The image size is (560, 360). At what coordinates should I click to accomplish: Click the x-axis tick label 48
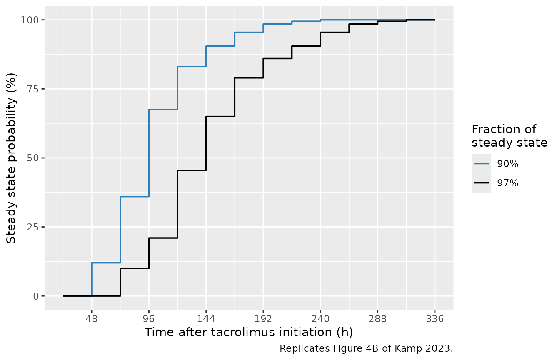click(x=92, y=319)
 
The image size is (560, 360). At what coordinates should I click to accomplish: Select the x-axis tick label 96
click(x=149, y=319)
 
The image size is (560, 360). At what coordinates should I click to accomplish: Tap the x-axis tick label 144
click(x=206, y=319)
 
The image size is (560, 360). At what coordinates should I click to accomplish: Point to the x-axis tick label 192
click(x=263, y=319)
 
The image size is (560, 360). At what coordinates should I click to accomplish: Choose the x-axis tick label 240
click(x=320, y=319)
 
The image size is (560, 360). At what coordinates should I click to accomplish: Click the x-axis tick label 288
click(x=378, y=319)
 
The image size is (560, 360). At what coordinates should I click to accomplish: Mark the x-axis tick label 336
click(x=435, y=319)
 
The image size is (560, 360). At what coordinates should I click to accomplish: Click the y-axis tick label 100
click(x=30, y=20)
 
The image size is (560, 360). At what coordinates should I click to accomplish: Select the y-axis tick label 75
click(x=33, y=89)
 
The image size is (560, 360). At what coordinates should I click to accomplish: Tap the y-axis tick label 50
click(x=33, y=158)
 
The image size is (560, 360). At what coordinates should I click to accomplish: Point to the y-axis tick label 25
click(x=33, y=227)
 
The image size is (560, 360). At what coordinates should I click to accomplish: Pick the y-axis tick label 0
click(x=36, y=296)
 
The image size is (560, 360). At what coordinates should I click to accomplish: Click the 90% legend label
click(x=508, y=164)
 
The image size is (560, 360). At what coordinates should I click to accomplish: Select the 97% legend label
click(x=508, y=183)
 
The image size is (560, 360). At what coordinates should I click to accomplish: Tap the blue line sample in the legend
click(x=481, y=164)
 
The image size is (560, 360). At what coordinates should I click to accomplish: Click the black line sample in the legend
click(x=481, y=183)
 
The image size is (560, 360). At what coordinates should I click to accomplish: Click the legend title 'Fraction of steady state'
click(x=510, y=136)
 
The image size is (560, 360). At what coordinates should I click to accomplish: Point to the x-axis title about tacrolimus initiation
click(x=249, y=332)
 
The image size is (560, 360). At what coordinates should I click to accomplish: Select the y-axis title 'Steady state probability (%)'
click(x=11, y=158)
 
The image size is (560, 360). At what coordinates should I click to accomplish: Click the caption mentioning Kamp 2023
click(x=366, y=348)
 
